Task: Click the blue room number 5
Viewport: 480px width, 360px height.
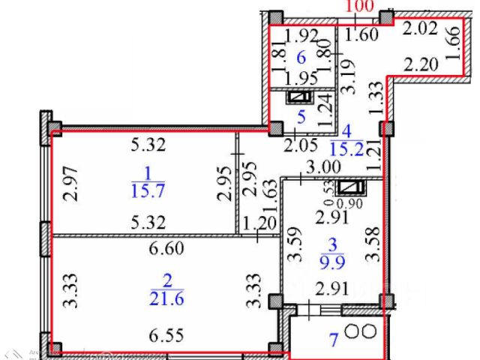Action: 300,117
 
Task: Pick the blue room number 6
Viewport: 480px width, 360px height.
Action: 301,58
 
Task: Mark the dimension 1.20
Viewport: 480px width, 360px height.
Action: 259,222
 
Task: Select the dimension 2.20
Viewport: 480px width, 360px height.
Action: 419,64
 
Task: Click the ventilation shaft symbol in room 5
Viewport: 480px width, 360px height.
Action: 300,97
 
